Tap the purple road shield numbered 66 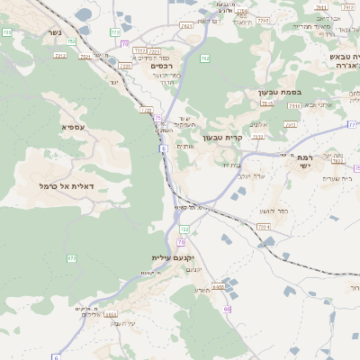pyautogui.click(x=228, y=309)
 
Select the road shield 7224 pyautogui.click(x=263, y=226)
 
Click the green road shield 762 pyautogui.click(x=205, y=58)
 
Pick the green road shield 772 pyautogui.click(x=115, y=32)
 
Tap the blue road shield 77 pyautogui.click(x=352, y=125)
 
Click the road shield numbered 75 pyautogui.click(x=158, y=117)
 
